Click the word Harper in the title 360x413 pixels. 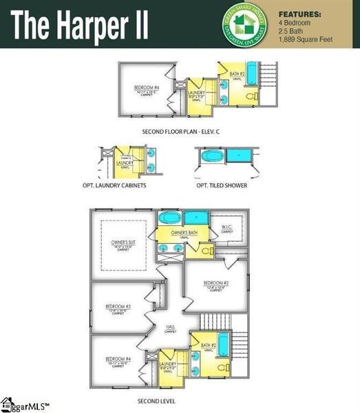(x=96, y=25)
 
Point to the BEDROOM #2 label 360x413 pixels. (x=215, y=284)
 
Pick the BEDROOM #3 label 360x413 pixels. (x=118, y=307)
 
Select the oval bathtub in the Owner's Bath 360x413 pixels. (x=169, y=218)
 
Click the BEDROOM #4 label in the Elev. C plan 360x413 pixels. (x=147, y=88)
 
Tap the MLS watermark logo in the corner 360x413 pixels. (x=21, y=405)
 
